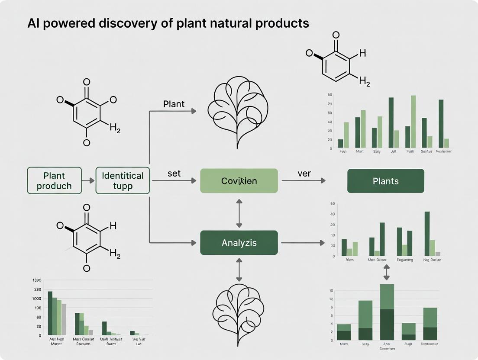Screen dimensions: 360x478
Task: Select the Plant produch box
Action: pos(54,181)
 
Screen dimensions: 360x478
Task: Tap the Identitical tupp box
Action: pos(123,181)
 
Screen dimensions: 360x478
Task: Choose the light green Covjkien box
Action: pos(239,181)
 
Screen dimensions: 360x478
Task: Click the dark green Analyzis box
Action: pos(239,243)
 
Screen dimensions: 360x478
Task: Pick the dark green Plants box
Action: pos(386,181)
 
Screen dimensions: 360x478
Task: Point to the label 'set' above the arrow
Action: pos(174,173)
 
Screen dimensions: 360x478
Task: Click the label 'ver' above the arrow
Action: pos(304,173)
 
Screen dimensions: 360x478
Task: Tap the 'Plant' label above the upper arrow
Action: pos(174,104)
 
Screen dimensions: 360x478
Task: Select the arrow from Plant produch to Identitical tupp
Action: pos(88,181)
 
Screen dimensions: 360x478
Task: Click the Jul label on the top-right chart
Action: pos(393,151)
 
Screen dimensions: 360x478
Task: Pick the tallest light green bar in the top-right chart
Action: pos(413,122)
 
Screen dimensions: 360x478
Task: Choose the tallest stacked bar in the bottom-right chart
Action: pos(387,312)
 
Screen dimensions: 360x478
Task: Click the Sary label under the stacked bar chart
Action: pos(365,344)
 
